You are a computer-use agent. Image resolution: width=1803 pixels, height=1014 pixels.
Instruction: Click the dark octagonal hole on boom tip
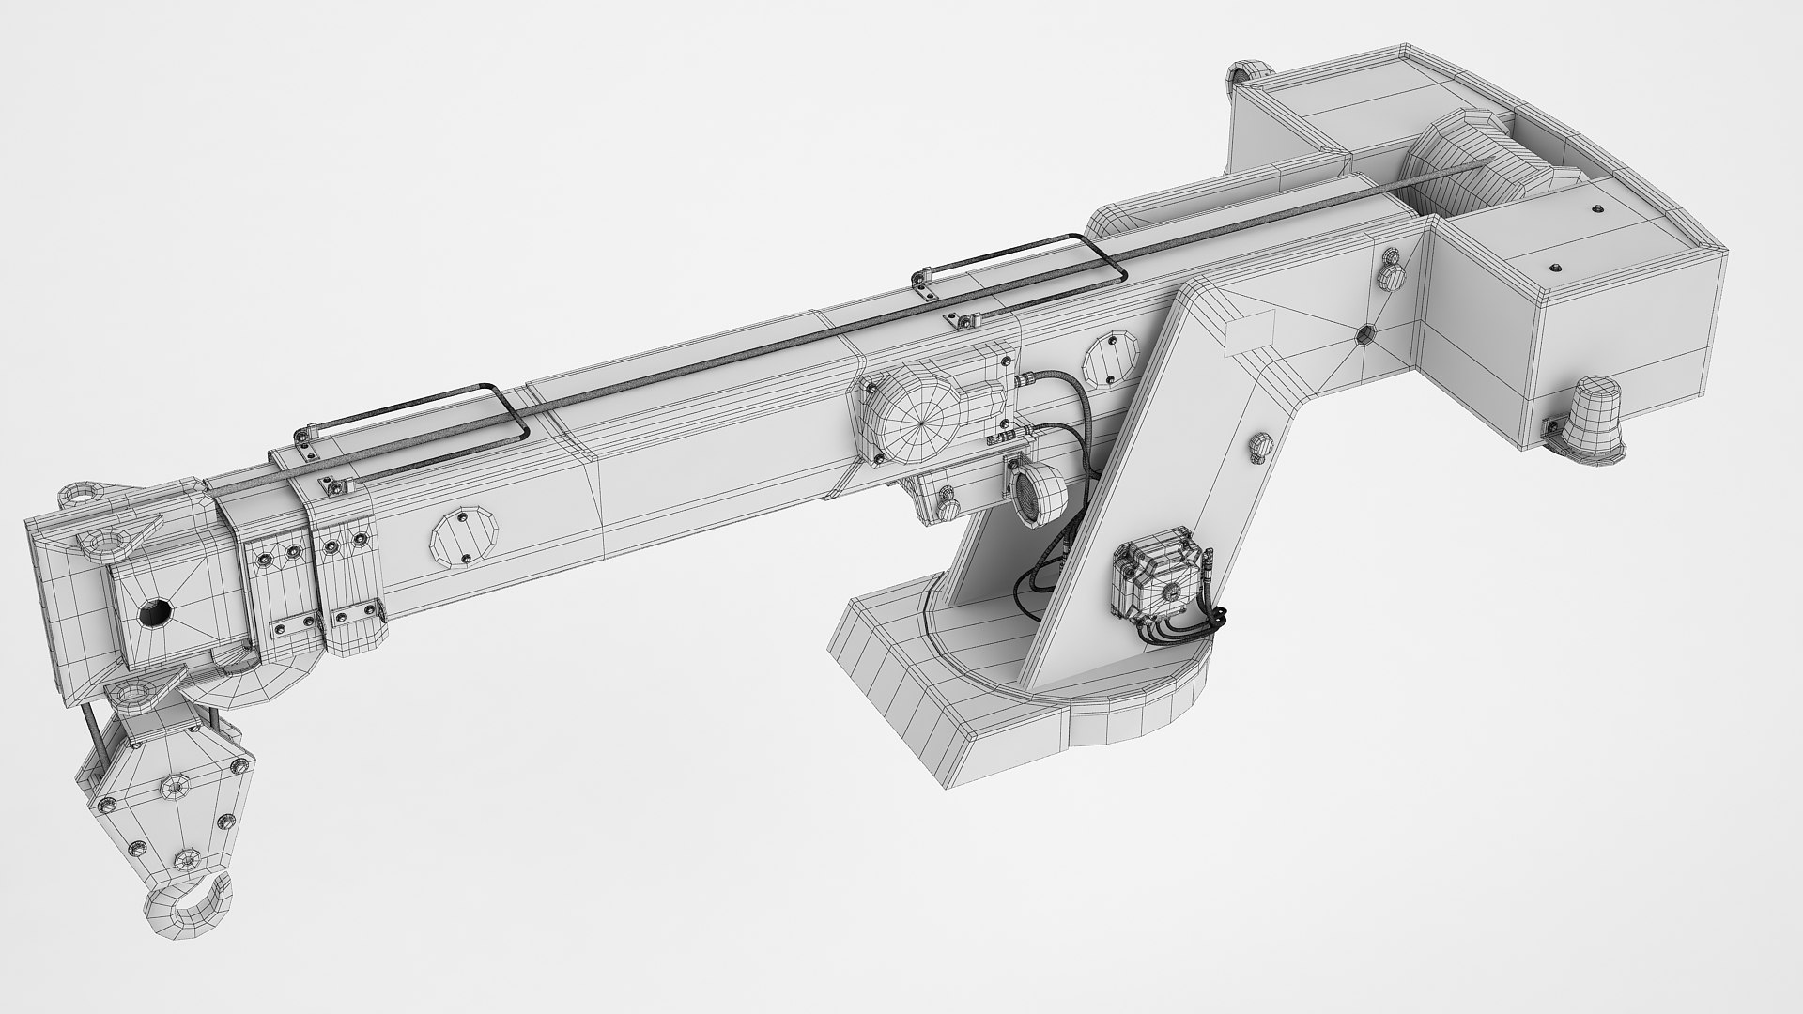[154, 615]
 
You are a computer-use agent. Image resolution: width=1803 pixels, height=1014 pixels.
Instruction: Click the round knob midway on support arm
[1260, 449]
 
